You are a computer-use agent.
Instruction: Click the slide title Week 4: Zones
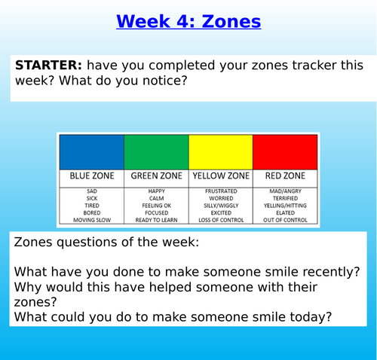(188, 21)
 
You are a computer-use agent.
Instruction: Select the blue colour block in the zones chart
(91, 152)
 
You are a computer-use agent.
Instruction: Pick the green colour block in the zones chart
(156, 152)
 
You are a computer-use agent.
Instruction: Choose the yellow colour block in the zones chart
(220, 152)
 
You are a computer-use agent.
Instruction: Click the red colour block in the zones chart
(285, 152)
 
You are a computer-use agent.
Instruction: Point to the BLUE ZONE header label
(92, 176)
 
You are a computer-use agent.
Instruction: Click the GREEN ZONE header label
(156, 176)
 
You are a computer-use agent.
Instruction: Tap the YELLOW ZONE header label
(220, 176)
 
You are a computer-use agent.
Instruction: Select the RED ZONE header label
(285, 176)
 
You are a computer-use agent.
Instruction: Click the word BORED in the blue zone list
(92, 213)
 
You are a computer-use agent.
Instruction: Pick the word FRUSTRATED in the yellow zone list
(220, 192)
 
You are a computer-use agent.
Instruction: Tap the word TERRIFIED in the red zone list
(285, 199)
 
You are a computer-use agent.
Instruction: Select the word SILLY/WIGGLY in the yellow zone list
(220, 206)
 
